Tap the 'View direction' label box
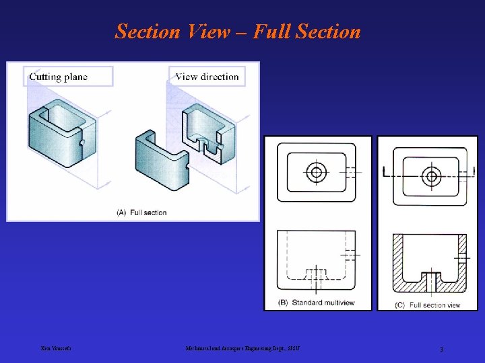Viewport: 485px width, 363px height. (x=207, y=77)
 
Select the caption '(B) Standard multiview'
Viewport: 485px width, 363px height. (x=317, y=302)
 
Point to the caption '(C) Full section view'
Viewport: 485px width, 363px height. (x=430, y=305)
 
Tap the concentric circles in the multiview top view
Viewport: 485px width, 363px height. (x=316, y=172)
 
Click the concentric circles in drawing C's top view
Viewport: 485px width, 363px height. (x=431, y=177)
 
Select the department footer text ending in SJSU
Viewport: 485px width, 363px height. (x=243, y=348)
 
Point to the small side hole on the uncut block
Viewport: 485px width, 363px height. (x=81, y=143)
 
